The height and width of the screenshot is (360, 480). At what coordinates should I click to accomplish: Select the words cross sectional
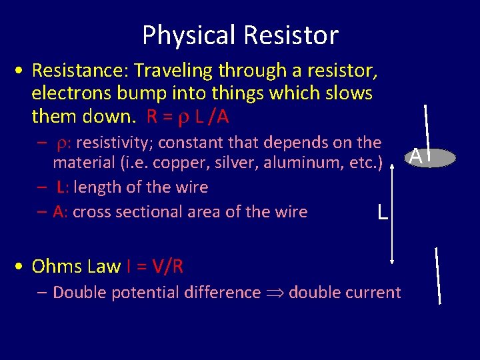point(129,212)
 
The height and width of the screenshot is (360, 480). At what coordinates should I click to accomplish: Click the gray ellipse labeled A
point(433,157)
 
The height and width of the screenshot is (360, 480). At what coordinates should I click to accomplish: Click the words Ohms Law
point(76,267)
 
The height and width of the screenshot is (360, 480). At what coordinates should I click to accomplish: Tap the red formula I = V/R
point(155,267)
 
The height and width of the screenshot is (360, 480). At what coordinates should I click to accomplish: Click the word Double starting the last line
point(77,292)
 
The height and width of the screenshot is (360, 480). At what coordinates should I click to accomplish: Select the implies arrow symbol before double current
point(275,293)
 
